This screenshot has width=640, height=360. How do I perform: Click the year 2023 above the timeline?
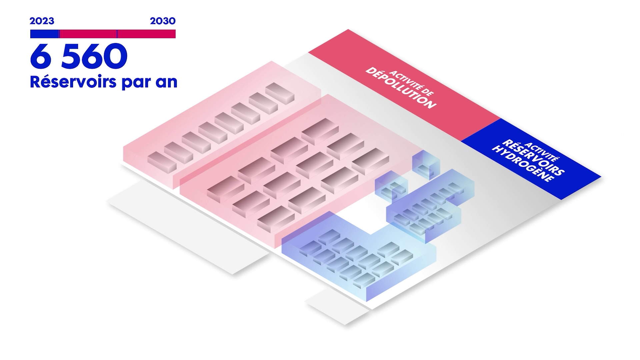[42, 21]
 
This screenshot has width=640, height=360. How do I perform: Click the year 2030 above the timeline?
[163, 21]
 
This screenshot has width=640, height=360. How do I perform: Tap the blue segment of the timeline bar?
[45, 34]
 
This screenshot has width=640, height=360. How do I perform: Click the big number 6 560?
[79, 56]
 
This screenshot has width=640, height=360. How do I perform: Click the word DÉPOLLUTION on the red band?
[401, 88]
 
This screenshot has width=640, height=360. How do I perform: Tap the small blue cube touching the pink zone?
[391, 187]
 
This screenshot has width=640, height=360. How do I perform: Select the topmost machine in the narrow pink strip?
[280, 92]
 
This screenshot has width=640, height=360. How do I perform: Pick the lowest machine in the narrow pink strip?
[162, 162]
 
